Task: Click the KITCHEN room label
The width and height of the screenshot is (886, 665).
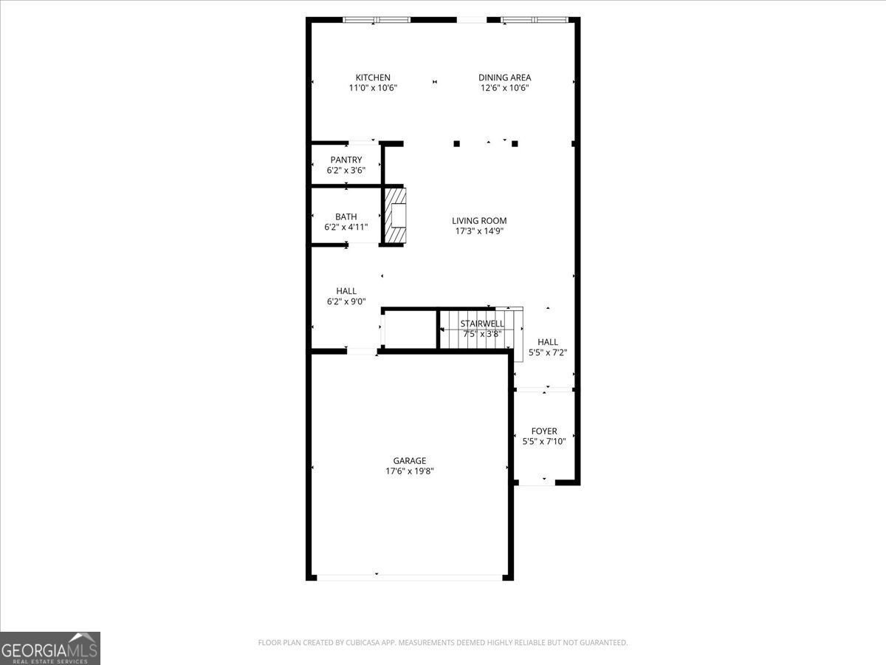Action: coord(373,78)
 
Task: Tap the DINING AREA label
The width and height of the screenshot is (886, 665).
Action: coord(504,78)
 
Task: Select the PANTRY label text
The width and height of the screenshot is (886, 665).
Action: coord(346,160)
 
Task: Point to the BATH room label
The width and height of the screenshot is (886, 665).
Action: coord(346,216)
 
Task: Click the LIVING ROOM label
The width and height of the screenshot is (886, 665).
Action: coord(479,220)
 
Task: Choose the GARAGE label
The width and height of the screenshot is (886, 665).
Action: coord(409,461)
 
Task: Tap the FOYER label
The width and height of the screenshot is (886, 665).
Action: coord(544,432)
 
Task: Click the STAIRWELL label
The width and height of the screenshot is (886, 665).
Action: coord(482,324)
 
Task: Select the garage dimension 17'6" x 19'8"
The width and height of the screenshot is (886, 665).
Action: coord(409,471)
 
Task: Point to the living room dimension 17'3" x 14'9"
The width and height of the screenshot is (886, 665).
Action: coord(479,231)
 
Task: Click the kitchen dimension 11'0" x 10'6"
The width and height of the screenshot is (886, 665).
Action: coord(373,88)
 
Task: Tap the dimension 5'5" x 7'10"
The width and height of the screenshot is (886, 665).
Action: coord(544,442)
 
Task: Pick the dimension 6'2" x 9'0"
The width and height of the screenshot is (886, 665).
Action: coord(346,301)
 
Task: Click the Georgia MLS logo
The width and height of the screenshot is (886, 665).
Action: coord(49,648)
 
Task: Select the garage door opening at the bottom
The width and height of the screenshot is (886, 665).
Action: coord(409,576)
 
